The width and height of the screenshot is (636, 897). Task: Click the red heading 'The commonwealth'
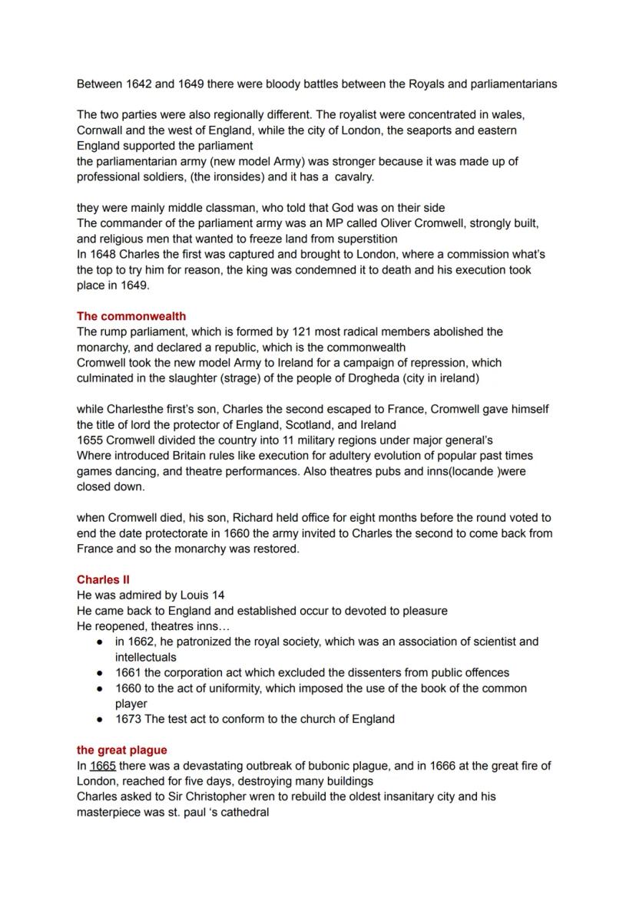point(131,316)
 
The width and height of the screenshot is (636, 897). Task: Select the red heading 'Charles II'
point(103,580)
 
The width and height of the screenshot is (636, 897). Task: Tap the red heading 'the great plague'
point(121,750)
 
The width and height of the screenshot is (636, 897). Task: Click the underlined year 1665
point(103,766)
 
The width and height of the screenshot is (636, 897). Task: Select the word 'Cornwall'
point(101,130)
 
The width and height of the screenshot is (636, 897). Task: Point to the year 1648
point(103,254)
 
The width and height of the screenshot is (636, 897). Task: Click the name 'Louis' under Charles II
point(194,595)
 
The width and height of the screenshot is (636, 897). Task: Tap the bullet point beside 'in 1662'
point(100,641)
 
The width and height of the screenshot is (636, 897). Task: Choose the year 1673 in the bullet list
point(128,719)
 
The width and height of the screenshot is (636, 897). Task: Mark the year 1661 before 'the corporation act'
point(128,673)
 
